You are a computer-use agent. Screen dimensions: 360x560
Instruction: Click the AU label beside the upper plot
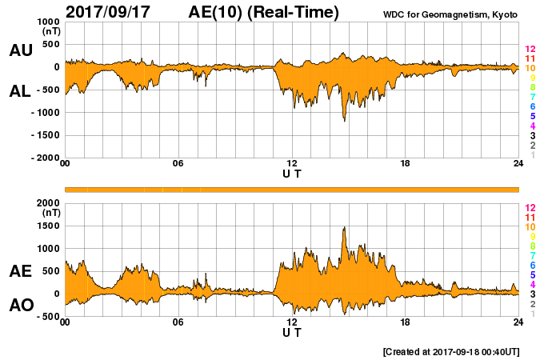coord(21,50)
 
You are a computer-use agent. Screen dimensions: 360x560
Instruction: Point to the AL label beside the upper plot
coord(21,91)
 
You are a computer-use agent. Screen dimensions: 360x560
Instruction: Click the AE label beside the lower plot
coord(21,271)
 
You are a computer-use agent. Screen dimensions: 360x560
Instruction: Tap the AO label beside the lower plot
coord(21,305)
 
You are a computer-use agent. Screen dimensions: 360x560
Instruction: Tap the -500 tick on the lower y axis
coord(46,316)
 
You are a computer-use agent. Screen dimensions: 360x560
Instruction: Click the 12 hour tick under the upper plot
coord(292,164)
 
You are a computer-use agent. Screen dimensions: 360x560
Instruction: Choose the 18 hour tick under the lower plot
coord(406,322)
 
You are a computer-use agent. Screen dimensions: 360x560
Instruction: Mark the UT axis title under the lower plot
coord(292,332)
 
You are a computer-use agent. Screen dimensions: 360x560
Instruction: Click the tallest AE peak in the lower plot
coord(344,228)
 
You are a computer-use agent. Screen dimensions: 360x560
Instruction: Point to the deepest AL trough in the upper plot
coord(345,120)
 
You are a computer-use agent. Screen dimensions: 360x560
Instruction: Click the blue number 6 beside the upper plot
coord(530,106)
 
